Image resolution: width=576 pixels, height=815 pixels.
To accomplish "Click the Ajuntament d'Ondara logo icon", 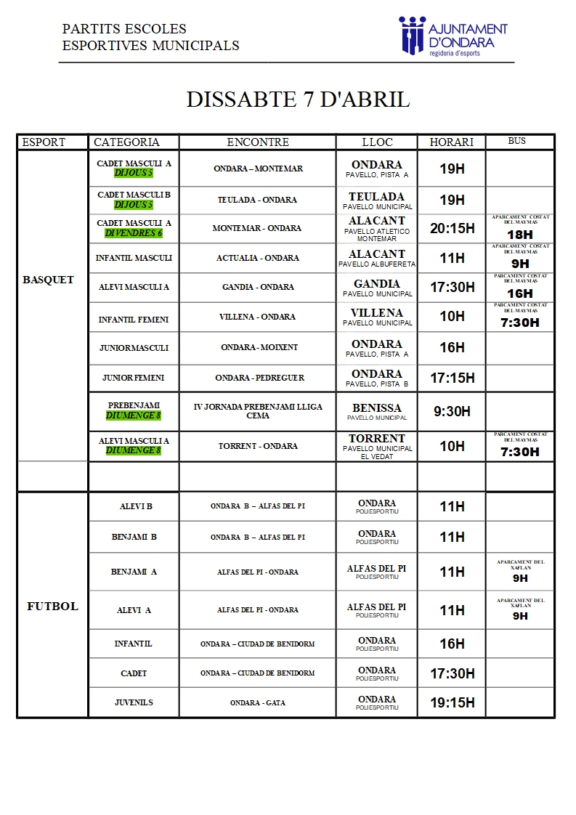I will (x=411, y=34).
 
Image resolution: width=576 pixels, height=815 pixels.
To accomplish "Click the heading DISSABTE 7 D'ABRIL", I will (x=298, y=100).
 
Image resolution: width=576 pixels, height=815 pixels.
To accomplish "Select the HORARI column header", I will (x=451, y=142).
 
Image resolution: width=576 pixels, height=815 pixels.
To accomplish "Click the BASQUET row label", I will (x=49, y=280).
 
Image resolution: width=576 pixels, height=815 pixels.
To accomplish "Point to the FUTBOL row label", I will (x=52, y=606).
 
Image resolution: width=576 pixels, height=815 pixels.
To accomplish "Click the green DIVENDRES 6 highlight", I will (x=134, y=233).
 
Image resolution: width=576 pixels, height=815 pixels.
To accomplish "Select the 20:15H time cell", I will (x=452, y=228).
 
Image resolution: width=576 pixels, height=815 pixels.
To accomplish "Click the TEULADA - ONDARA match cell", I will (x=257, y=200).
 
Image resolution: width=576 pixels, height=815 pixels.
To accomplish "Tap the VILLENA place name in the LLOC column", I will (x=376, y=313).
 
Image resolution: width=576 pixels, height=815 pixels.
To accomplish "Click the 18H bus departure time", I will (x=520, y=235).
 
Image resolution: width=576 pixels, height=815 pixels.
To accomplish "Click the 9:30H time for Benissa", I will (x=452, y=411).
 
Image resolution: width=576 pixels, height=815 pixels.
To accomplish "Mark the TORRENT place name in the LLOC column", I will (x=376, y=439).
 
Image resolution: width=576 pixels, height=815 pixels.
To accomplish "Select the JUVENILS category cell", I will (x=134, y=702).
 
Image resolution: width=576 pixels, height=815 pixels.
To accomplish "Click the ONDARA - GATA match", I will (x=257, y=703).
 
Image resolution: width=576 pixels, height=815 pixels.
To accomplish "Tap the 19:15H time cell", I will (x=452, y=702).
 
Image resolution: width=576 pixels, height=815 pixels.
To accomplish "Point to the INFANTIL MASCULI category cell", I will (x=134, y=258).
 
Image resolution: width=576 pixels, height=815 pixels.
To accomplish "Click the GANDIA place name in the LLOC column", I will (x=376, y=284).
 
